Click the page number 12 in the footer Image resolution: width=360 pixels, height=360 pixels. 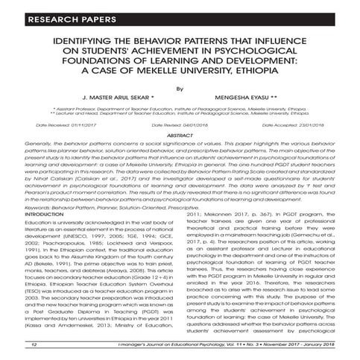pyautogui.click(x=34, y=345)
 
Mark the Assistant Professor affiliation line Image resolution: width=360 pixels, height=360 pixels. pyautogui.click(x=180, y=109)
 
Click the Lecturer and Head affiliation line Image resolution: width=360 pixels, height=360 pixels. pyautogui.click(x=180, y=113)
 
